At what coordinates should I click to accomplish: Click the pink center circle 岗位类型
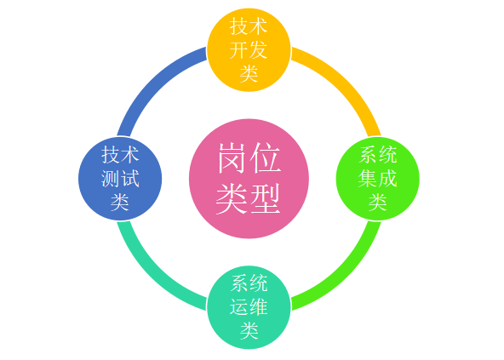tap(249, 179)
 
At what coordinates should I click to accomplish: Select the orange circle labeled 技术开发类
tap(249, 50)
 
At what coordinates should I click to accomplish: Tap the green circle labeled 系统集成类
tap(378, 179)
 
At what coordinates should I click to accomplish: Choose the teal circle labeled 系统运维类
tap(249, 307)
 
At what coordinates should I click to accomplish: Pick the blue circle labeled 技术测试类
tap(120, 179)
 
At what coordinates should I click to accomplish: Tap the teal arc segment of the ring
tap(153, 274)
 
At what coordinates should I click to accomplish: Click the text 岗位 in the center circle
tap(249, 158)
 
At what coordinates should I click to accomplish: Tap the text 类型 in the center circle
tap(249, 198)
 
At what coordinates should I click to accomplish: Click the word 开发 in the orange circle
tap(249, 50)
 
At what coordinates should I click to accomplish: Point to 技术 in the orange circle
tap(249, 26)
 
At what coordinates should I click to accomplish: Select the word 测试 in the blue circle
tap(120, 179)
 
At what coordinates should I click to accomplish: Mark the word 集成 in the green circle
tap(378, 179)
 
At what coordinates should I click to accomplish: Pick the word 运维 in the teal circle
tap(249, 307)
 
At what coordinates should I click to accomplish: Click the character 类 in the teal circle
tap(249, 330)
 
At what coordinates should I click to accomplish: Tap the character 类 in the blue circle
tap(120, 202)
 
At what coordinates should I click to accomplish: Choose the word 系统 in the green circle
tap(378, 155)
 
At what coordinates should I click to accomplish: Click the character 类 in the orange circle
tap(249, 73)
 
